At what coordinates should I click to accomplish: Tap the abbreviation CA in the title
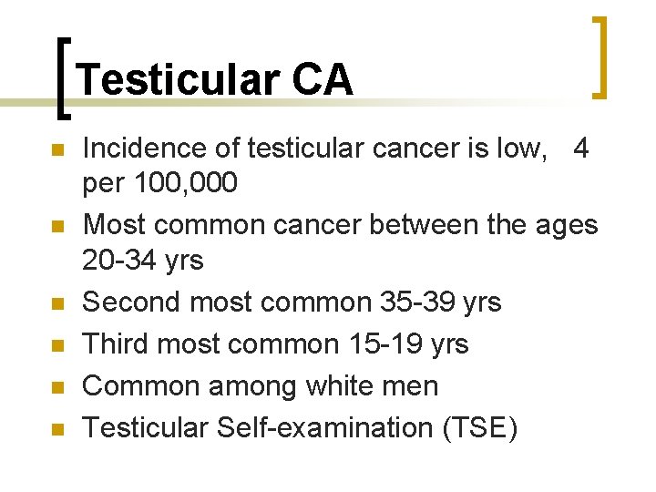[x=323, y=80]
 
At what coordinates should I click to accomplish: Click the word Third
[x=115, y=343]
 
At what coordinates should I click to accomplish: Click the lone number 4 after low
[x=582, y=148]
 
